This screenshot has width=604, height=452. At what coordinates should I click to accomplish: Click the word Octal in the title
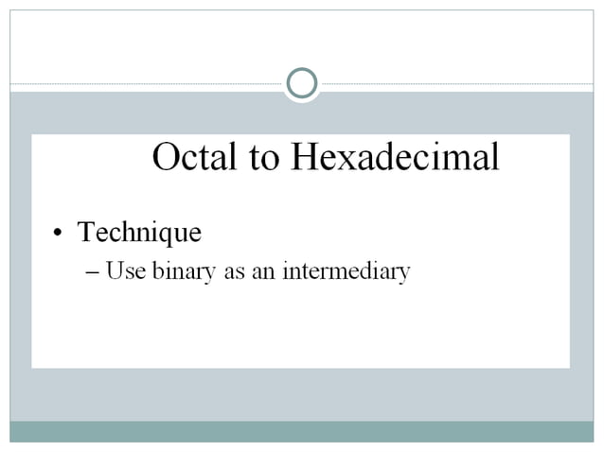pyautogui.click(x=195, y=157)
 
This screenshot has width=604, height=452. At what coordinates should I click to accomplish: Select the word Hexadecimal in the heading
pyautogui.click(x=394, y=157)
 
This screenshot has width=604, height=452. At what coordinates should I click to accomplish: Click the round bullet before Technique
pyautogui.click(x=59, y=234)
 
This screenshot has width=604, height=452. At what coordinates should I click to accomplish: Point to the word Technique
pyautogui.click(x=139, y=232)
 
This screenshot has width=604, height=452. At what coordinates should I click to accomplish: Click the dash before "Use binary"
pyautogui.click(x=91, y=272)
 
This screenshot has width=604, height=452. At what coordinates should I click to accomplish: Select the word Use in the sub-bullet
pyautogui.click(x=120, y=271)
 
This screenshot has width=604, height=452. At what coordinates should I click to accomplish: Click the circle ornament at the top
pyautogui.click(x=301, y=84)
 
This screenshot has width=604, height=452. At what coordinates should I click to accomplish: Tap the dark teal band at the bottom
pyautogui.click(x=301, y=431)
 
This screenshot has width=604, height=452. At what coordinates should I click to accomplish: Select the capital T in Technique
pyautogui.click(x=85, y=231)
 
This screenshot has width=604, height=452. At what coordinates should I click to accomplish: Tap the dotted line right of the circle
pyautogui.click(x=454, y=84)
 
